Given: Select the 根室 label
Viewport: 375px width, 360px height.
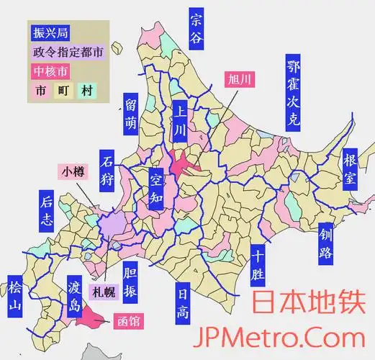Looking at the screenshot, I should tap(350, 168).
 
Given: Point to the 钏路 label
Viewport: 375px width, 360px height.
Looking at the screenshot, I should tap(326, 243).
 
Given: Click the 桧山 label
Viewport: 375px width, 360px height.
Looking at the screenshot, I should tap(14, 297).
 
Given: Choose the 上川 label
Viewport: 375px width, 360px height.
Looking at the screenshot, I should tap(179, 122).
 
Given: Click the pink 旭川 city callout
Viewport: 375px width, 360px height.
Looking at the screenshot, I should tap(239, 79).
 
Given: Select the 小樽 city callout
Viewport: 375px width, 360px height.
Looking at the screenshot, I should tap(73, 171).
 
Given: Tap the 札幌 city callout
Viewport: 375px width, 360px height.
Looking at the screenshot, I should tap(99, 292).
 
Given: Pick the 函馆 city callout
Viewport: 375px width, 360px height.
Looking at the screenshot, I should tap(129, 322).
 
